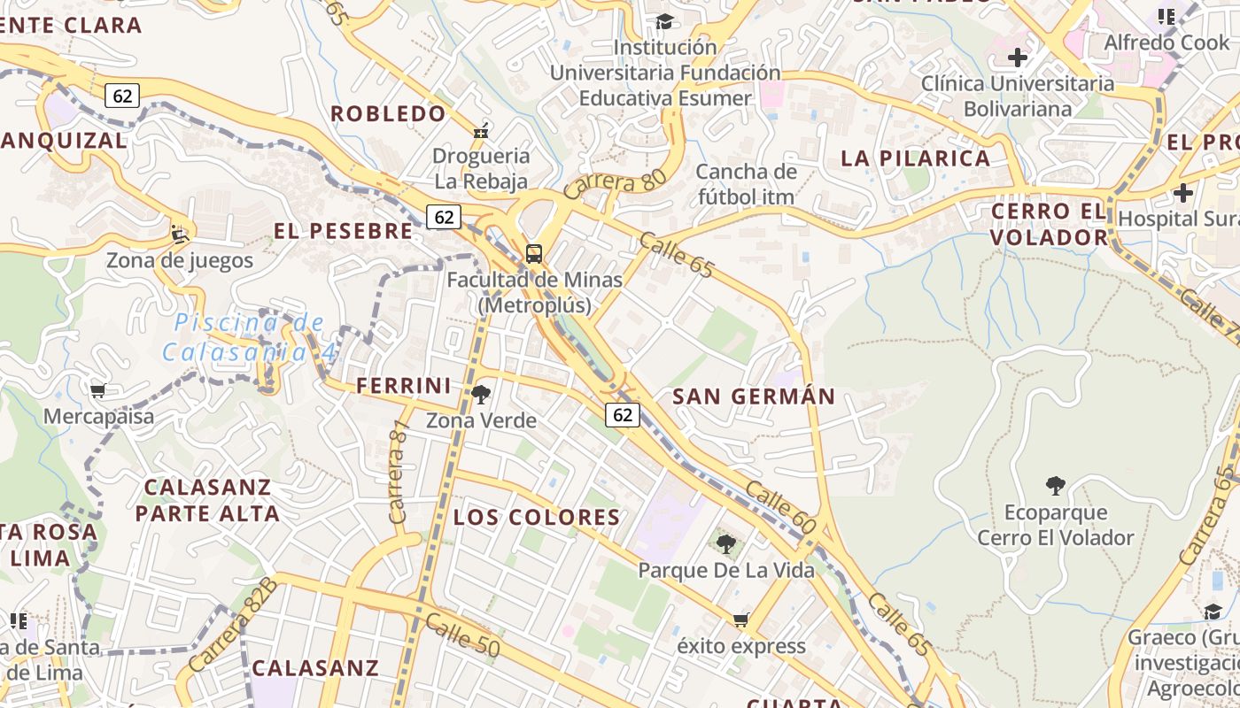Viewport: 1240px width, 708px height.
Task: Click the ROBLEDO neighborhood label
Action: (x=388, y=113)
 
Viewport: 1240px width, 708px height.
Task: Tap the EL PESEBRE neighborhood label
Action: (x=343, y=231)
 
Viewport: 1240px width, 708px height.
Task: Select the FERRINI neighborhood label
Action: (x=403, y=386)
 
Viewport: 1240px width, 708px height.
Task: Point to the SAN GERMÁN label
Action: (x=754, y=396)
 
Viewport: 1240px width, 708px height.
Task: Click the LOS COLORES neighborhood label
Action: (x=537, y=517)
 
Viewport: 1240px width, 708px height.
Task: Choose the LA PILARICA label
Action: (x=915, y=158)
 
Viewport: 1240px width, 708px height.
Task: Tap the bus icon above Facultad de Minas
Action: (x=534, y=254)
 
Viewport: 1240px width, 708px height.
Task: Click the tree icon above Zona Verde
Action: (x=481, y=395)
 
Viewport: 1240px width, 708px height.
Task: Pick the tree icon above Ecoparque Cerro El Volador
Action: (x=1055, y=486)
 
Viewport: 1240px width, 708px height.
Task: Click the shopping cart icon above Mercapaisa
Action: (x=98, y=390)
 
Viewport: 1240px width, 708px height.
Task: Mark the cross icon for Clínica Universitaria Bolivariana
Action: (x=1018, y=58)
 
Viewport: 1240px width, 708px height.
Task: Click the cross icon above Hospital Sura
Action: (x=1183, y=193)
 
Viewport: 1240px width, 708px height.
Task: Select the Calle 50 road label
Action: (x=462, y=635)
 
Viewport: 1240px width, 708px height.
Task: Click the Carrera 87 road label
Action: (x=398, y=471)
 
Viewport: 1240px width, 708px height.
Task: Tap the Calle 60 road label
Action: (x=779, y=507)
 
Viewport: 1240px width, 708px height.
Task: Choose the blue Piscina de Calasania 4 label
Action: (x=250, y=337)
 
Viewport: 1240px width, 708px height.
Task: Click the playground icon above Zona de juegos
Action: (x=180, y=235)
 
